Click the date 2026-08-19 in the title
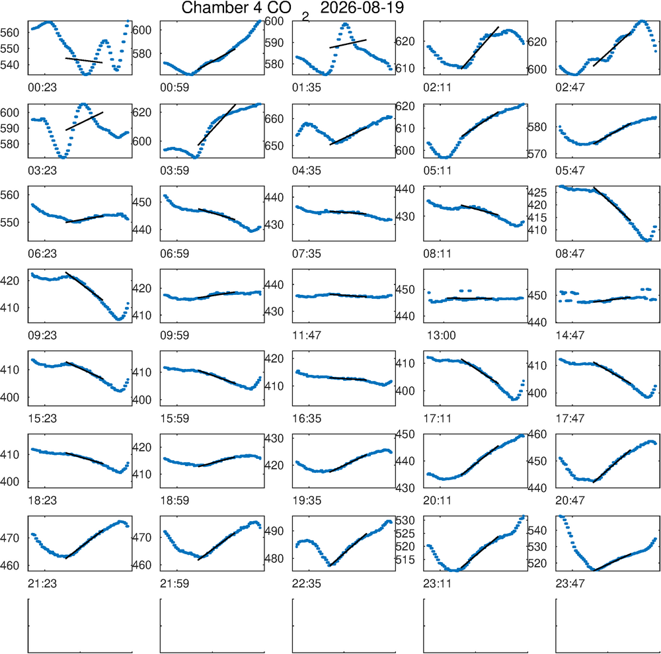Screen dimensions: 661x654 (362, 7)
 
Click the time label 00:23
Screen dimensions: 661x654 (42, 88)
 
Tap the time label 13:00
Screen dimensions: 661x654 (441, 336)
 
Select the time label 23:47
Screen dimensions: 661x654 (570, 584)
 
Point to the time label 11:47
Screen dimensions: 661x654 (307, 336)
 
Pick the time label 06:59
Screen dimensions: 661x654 (175, 254)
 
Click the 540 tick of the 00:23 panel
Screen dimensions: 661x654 (10, 65)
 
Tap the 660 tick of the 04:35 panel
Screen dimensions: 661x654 (274, 119)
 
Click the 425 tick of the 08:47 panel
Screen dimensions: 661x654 (537, 192)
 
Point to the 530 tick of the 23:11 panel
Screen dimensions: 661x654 (405, 520)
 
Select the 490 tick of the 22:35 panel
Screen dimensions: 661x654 (274, 531)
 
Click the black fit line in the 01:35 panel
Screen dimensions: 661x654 (348, 44)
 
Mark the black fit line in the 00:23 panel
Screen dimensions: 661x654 (84, 60)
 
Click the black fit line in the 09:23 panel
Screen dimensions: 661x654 (85, 286)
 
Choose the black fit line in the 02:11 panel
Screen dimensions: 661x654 (480, 48)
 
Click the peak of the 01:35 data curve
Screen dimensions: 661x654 (345, 24)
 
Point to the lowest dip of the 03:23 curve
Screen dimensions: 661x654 (62, 157)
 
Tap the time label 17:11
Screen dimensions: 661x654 (438, 419)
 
